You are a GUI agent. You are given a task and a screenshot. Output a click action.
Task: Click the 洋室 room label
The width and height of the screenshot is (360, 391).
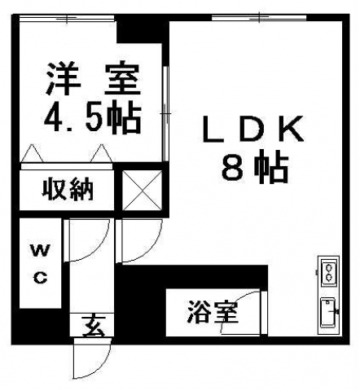pos(93,79)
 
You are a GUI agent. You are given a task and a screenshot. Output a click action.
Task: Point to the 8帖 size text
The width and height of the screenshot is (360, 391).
pos(255,168)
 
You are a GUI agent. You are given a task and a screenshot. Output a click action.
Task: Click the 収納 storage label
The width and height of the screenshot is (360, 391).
pos(67,189)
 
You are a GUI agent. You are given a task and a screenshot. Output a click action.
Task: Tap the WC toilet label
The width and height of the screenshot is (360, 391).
pos(40,264)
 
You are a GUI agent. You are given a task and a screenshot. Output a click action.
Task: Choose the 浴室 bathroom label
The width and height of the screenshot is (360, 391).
pos(213,312)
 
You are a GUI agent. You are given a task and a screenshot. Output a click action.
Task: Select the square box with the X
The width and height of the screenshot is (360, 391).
pos(143,190)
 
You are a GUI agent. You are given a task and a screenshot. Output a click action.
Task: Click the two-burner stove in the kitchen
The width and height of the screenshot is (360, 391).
pos(329,272)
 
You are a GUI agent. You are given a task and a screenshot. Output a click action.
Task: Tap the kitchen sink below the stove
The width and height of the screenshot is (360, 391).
pos(328,312)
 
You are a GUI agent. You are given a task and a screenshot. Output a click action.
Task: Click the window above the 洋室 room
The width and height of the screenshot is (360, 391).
pos(68,18)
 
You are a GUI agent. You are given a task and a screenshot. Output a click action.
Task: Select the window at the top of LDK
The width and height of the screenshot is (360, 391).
pos(259,18)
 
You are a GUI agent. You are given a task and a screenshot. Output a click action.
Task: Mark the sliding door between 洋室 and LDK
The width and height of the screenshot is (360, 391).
pos(165,113)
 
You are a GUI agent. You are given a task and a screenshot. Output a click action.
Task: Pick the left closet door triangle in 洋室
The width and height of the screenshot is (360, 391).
pos(33,153)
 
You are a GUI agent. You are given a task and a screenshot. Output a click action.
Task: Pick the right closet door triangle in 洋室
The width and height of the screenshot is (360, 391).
pos(102,153)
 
